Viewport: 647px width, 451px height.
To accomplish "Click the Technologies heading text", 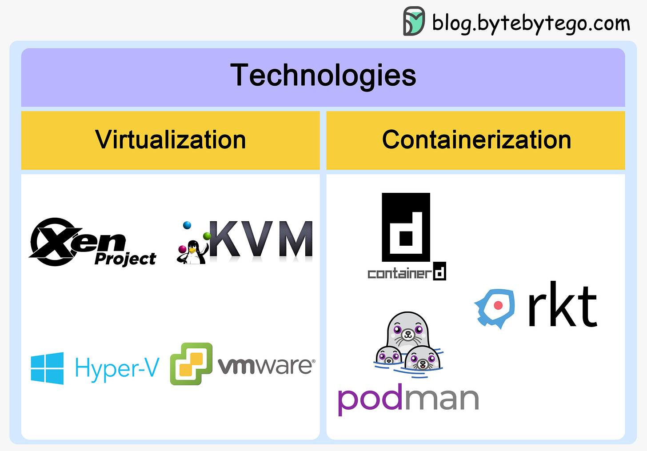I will [x=323, y=75].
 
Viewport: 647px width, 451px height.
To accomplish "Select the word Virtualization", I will [x=171, y=140].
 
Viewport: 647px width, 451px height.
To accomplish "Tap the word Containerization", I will [x=476, y=140].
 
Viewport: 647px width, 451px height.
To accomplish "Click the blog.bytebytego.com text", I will [x=531, y=23].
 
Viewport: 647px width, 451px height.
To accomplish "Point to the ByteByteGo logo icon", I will [x=414, y=21].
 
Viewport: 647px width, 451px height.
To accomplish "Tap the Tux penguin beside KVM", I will [x=193, y=252].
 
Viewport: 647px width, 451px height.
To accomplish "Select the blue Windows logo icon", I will [x=47, y=368].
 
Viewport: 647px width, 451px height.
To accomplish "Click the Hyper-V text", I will [x=117, y=368].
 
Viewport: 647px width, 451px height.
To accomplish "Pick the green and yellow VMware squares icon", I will [x=191, y=363].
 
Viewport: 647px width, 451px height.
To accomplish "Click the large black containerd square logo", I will [x=406, y=227].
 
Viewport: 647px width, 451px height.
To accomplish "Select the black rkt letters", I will [x=562, y=306].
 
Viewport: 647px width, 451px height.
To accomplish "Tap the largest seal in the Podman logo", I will [x=408, y=330].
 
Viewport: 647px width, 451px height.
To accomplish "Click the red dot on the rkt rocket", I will [x=498, y=305].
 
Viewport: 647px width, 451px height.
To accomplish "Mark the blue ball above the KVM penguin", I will [x=187, y=225].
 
